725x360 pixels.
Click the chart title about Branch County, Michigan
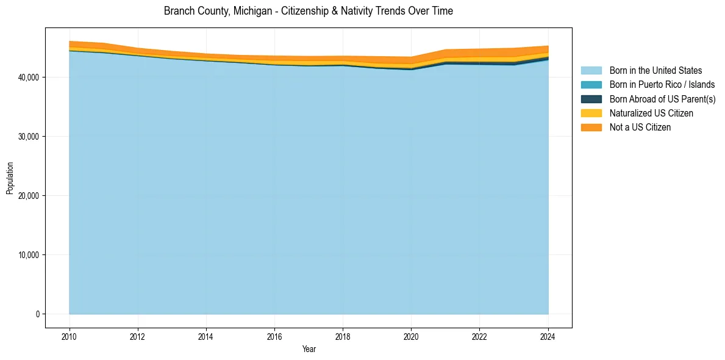pyautogui.click(x=309, y=11)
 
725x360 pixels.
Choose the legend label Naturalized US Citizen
pyautogui.click(x=651, y=113)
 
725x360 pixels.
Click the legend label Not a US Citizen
pyautogui.click(x=640, y=127)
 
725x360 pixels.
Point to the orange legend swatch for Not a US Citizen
pyautogui.click(x=591, y=127)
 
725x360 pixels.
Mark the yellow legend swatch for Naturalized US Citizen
pyautogui.click(x=591, y=113)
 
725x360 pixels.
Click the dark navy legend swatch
pyautogui.click(x=591, y=99)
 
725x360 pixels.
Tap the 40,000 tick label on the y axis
pyautogui.click(x=27, y=77)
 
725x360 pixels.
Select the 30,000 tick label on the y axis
pyautogui.click(x=27, y=137)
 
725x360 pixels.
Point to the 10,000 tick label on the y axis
pyautogui.click(x=27, y=255)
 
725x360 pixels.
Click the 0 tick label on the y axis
pyautogui.click(x=37, y=314)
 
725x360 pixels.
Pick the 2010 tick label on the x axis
pyautogui.click(x=70, y=336)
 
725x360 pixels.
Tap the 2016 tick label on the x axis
pyautogui.click(x=275, y=336)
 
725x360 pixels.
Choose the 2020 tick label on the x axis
pyautogui.click(x=412, y=336)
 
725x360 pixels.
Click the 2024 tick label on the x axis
pyautogui.click(x=548, y=336)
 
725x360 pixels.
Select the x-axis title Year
pyautogui.click(x=309, y=349)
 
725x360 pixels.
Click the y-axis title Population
pyautogui.click(x=10, y=178)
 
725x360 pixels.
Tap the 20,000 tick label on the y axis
pyautogui.click(x=27, y=196)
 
